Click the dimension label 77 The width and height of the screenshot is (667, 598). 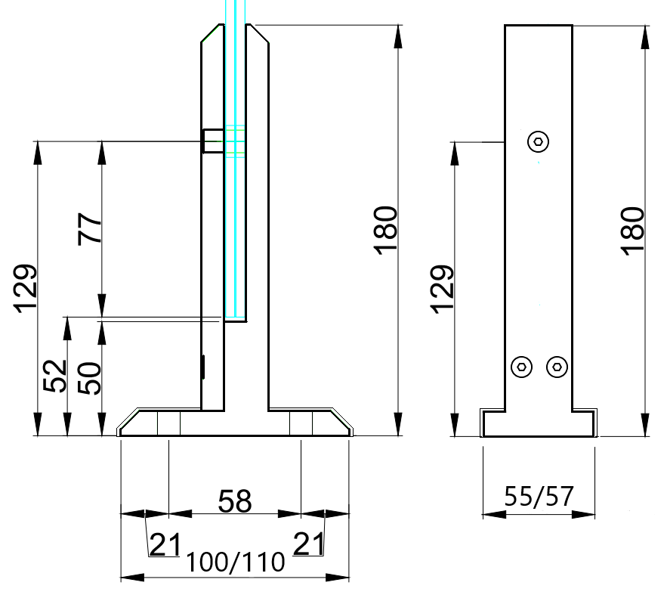tap(90, 229)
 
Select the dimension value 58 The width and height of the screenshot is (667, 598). tap(234, 501)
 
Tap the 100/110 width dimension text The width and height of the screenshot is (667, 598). tap(235, 562)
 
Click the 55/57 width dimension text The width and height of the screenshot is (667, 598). tap(539, 498)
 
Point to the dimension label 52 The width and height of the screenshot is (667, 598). tap(55, 376)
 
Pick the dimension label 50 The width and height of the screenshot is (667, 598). tap(89, 377)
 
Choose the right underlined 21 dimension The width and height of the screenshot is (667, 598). tap(308, 544)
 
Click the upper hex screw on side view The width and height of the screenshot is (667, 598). tap(538, 141)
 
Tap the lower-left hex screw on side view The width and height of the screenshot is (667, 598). tap(521, 367)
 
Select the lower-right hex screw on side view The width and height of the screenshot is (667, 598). tap(557, 367)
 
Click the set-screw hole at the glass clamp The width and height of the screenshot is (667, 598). tap(212, 141)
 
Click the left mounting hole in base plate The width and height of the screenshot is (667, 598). tap(168, 424)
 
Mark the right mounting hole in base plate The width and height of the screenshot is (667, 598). tap(301, 424)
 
